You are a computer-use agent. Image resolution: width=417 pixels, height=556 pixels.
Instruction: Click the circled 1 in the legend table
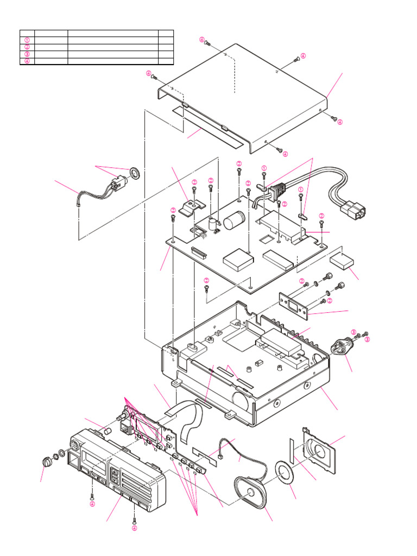(x=27, y=40)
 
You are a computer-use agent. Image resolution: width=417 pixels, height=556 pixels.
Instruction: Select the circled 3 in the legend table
(x=27, y=54)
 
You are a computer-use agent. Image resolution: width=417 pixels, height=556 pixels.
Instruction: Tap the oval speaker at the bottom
(x=251, y=492)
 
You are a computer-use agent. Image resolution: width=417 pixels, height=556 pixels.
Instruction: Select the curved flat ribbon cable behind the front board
(x=190, y=418)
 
